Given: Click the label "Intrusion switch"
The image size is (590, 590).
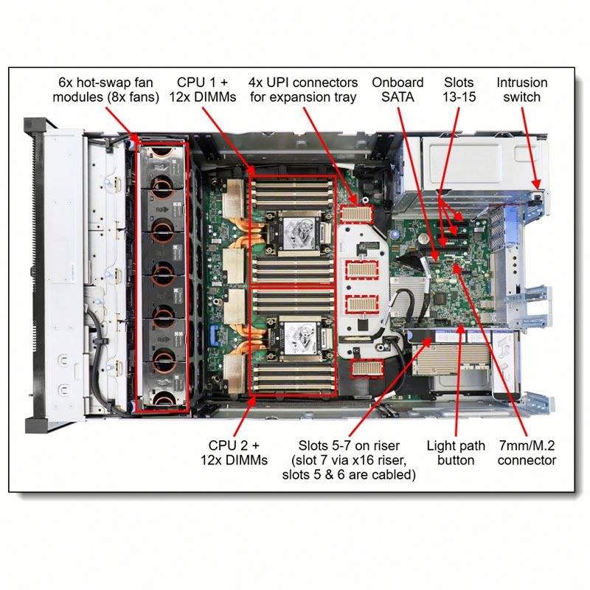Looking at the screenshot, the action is tap(522, 89).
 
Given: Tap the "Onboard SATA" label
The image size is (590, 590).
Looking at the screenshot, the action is tap(398, 89).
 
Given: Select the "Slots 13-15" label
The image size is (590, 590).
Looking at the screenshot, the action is tap(459, 89).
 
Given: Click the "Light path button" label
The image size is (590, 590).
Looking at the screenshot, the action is tap(456, 453).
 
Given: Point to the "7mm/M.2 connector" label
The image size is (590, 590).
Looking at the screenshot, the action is tap(527, 453).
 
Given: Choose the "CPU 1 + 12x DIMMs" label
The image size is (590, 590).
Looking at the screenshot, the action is tap(202, 89).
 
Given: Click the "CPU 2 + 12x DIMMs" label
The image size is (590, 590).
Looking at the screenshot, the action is tap(234, 453).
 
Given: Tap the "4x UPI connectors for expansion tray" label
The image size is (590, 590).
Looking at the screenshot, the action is tap(303, 89).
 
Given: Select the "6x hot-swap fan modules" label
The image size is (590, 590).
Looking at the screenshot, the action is tap(105, 89).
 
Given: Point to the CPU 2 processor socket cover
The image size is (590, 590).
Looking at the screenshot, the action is tap(300, 339).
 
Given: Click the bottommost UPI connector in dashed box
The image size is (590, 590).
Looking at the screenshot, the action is tap(367, 367).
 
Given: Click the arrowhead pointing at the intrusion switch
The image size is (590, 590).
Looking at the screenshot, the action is tap(537, 184).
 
